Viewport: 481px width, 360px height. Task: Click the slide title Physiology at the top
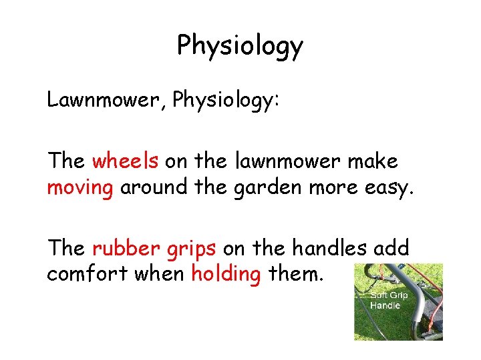[x=240, y=45]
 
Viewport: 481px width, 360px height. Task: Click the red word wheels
[x=125, y=161]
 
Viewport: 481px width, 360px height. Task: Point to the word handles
[x=330, y=248]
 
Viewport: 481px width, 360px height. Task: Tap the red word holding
[x=225, y=275]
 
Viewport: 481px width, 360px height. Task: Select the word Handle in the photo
[x=385, y=305]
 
